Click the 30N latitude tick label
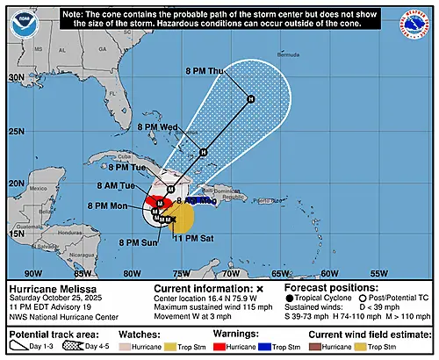point(16,77)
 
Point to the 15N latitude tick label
point(16,234)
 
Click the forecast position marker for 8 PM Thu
point(251,98)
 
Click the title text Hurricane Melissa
point(46,287)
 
